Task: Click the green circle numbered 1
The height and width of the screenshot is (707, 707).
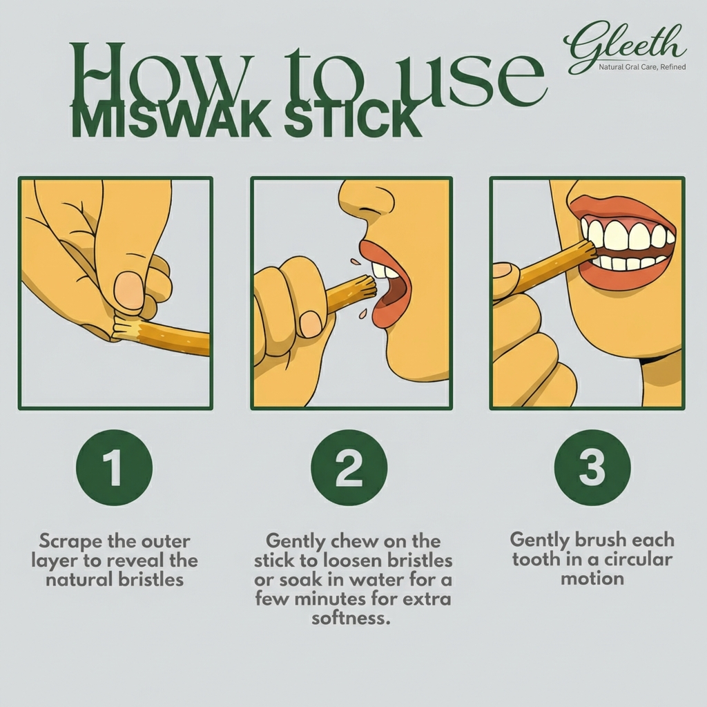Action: [x=114, y=467]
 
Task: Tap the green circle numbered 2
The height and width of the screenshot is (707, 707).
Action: [x=349, y=467]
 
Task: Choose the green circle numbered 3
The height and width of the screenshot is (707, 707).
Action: [x=592, y=467]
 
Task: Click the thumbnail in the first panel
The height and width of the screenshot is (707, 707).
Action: [x=129, y=290]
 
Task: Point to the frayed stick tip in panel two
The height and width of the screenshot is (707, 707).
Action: [x=363, y=284]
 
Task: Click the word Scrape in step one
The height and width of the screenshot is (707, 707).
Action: [x=69, y=541]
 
